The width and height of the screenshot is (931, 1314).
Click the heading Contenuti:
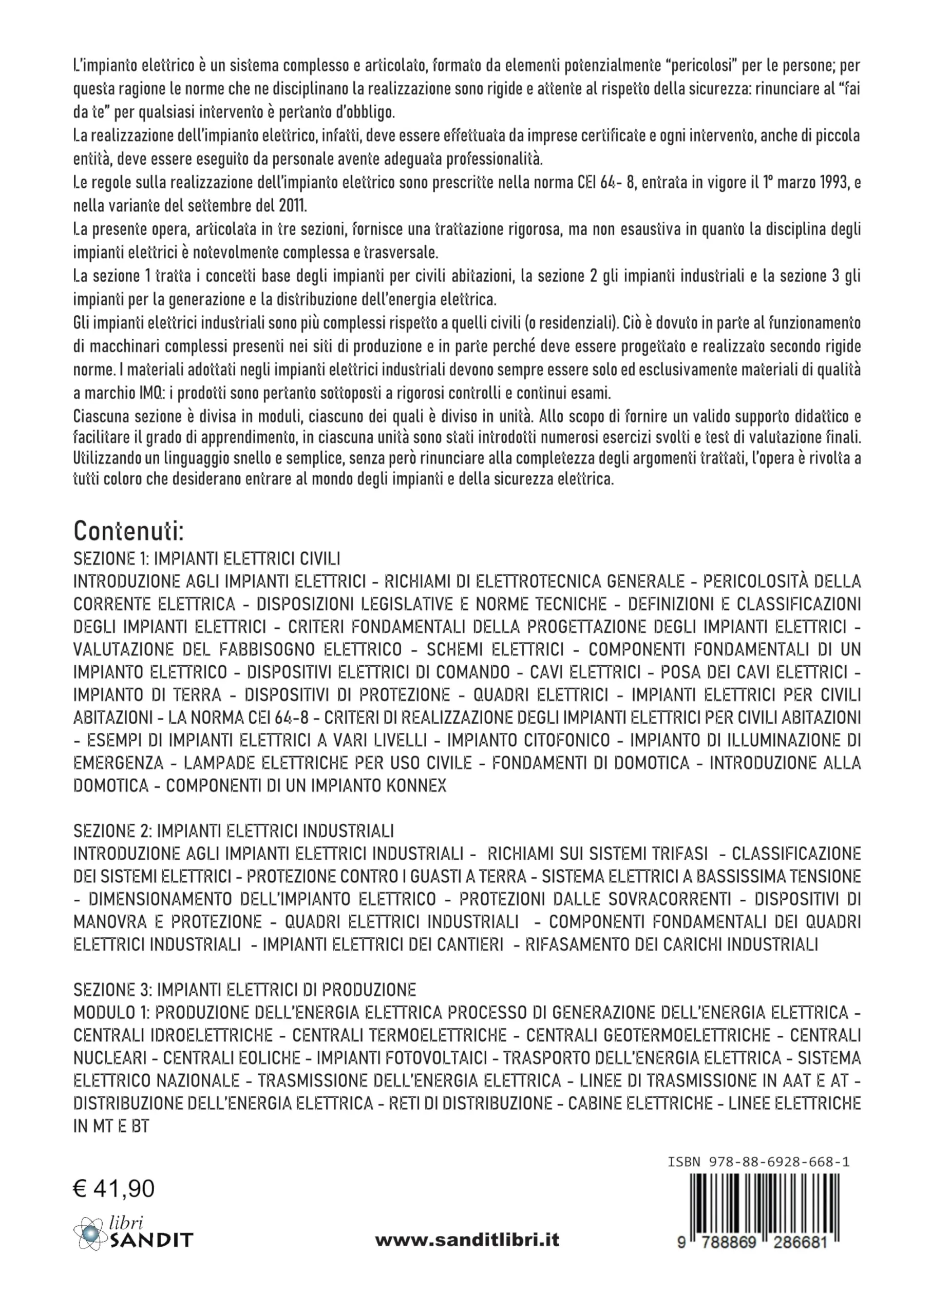click(x=128, y=531)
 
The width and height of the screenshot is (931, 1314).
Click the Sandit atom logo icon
click(x=89, y=1233)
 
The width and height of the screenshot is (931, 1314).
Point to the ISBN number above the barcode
click(x=758, y=1162)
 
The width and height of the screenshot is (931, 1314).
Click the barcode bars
click(x=764, y=1200)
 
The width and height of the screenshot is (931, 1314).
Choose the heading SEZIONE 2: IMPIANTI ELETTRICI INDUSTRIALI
click(x=233, y=830)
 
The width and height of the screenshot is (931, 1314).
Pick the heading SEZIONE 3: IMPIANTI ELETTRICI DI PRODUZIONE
click(x=245, y=990)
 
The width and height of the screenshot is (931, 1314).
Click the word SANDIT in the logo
click(x=151, y=1241)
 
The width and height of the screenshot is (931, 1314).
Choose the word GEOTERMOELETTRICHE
click(x=648, y=1035)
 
